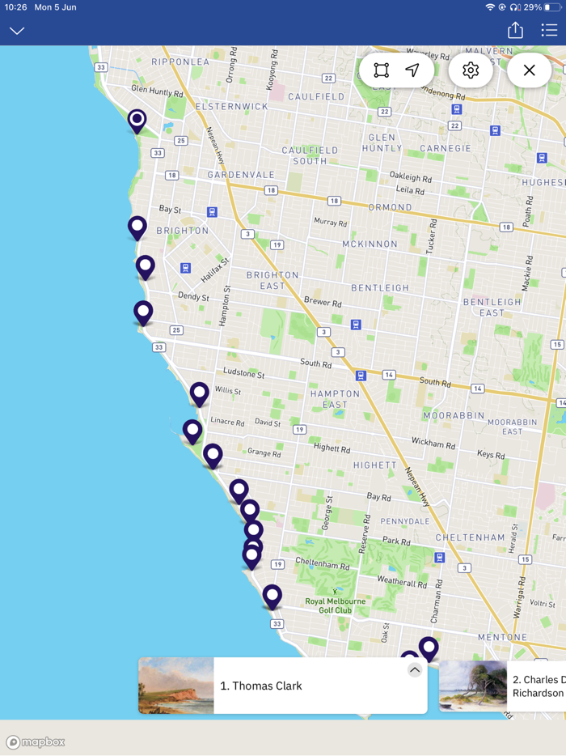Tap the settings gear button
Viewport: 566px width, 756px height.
[x=471, y=70]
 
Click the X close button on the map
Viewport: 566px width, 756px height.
[x=530, y=70]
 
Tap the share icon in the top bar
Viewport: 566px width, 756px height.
[x=515, y=30]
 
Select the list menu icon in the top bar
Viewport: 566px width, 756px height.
[x=550, y=30]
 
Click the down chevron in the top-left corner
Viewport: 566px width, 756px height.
[x=17, y=31]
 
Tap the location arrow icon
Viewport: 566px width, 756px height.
[x=412, y=70]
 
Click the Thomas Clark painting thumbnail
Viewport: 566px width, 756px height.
[x=176, y=686]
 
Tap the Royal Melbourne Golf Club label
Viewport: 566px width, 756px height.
[x=335, y=605]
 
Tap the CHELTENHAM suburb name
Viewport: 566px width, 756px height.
[x=470, y=537]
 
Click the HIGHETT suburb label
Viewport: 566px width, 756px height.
[x=374, y=465]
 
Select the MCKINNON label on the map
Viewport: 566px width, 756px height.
[x=370, y=244]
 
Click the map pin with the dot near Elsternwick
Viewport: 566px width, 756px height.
[x=137, y=121]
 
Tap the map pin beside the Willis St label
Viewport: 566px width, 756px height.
[x=199, y=393]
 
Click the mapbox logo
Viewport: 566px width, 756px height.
[x=36, y=742]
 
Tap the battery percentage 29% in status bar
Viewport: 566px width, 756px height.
[x=533, y=7]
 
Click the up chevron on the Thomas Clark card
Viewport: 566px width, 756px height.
[x=415, y=670]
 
